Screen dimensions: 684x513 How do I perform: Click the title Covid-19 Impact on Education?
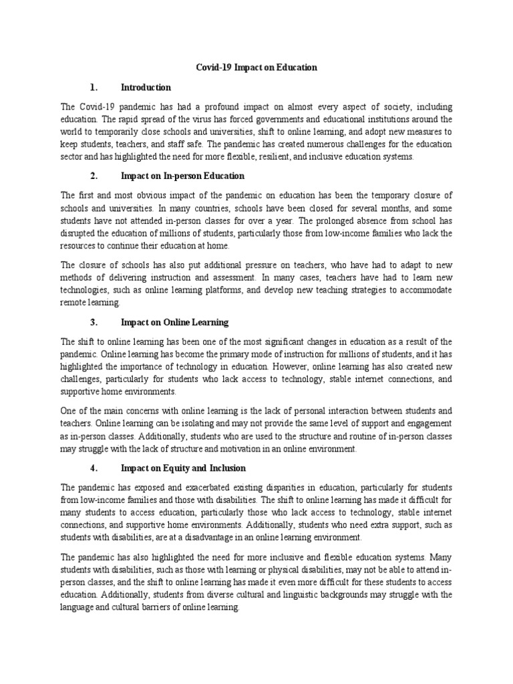coord(256,67)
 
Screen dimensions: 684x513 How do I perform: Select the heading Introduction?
coord(146,88)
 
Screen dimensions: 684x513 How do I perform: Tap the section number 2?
coord(94,176)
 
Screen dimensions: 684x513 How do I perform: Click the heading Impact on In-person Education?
coord(182,176)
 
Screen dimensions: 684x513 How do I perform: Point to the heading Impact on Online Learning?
coord(174,323)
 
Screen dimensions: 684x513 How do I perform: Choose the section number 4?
coord(94,468)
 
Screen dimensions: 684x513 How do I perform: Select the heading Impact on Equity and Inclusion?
coord(183,468)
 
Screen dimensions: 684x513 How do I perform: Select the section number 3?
coord(94,323)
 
